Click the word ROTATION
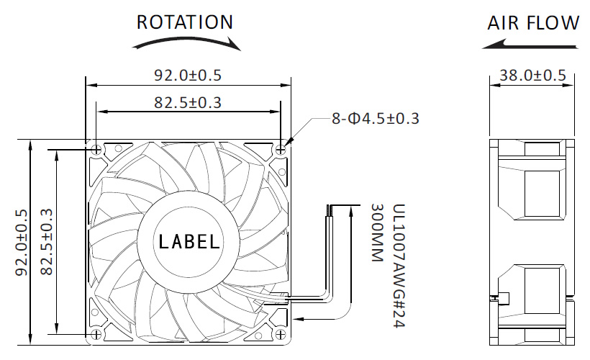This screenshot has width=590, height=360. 185,22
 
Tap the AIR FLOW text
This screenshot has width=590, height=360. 533,22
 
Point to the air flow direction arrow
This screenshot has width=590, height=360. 530,45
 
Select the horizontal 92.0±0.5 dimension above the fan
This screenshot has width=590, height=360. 188,75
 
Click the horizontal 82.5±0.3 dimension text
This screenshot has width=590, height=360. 188,102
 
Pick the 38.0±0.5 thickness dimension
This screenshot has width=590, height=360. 532,76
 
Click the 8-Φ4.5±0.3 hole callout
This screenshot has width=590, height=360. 375,119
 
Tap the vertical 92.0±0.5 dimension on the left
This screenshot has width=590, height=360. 22,243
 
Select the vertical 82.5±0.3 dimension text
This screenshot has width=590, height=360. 46,242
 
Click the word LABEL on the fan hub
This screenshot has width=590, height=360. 189,241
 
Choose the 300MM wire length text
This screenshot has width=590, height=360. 376,233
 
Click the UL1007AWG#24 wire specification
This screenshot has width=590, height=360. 399,266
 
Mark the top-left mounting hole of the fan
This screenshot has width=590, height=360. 96,150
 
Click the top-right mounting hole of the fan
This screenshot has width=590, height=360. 281,150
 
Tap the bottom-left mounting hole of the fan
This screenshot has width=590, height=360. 96,334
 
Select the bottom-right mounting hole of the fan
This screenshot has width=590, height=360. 281,334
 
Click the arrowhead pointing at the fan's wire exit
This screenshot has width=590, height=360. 298,319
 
